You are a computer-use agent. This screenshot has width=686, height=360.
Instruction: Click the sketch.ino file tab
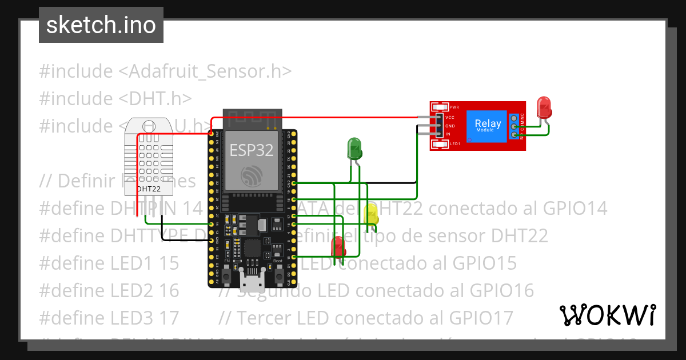(x=101, y=25)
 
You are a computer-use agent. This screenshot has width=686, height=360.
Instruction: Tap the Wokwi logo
(x=607, y=315)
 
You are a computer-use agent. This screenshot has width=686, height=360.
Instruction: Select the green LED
(x=354, y=149)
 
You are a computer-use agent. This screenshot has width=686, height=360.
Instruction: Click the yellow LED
(x=371, y=214)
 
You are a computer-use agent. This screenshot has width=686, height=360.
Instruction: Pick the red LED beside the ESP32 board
(x=338, y=246)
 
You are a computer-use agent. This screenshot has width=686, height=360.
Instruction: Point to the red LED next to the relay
(x=543, y=107)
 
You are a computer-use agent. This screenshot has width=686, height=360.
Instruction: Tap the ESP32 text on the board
(x=252, y=150)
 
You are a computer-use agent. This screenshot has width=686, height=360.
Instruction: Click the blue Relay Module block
(x=488, y=126)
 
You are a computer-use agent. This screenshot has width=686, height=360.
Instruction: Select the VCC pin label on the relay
(x=450, y=117)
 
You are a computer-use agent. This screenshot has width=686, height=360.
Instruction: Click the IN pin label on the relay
(x=448, y=134)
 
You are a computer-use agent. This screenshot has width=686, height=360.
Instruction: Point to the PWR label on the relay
(x=454, y=107)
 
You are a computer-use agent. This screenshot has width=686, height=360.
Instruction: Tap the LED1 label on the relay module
(x=455, y=143)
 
